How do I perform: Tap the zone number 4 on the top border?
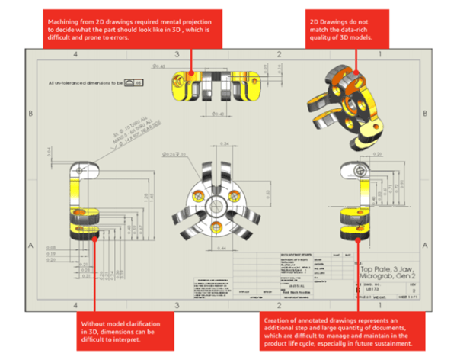[x=75, y=55]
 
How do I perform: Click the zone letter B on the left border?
[x=30, y=113]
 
